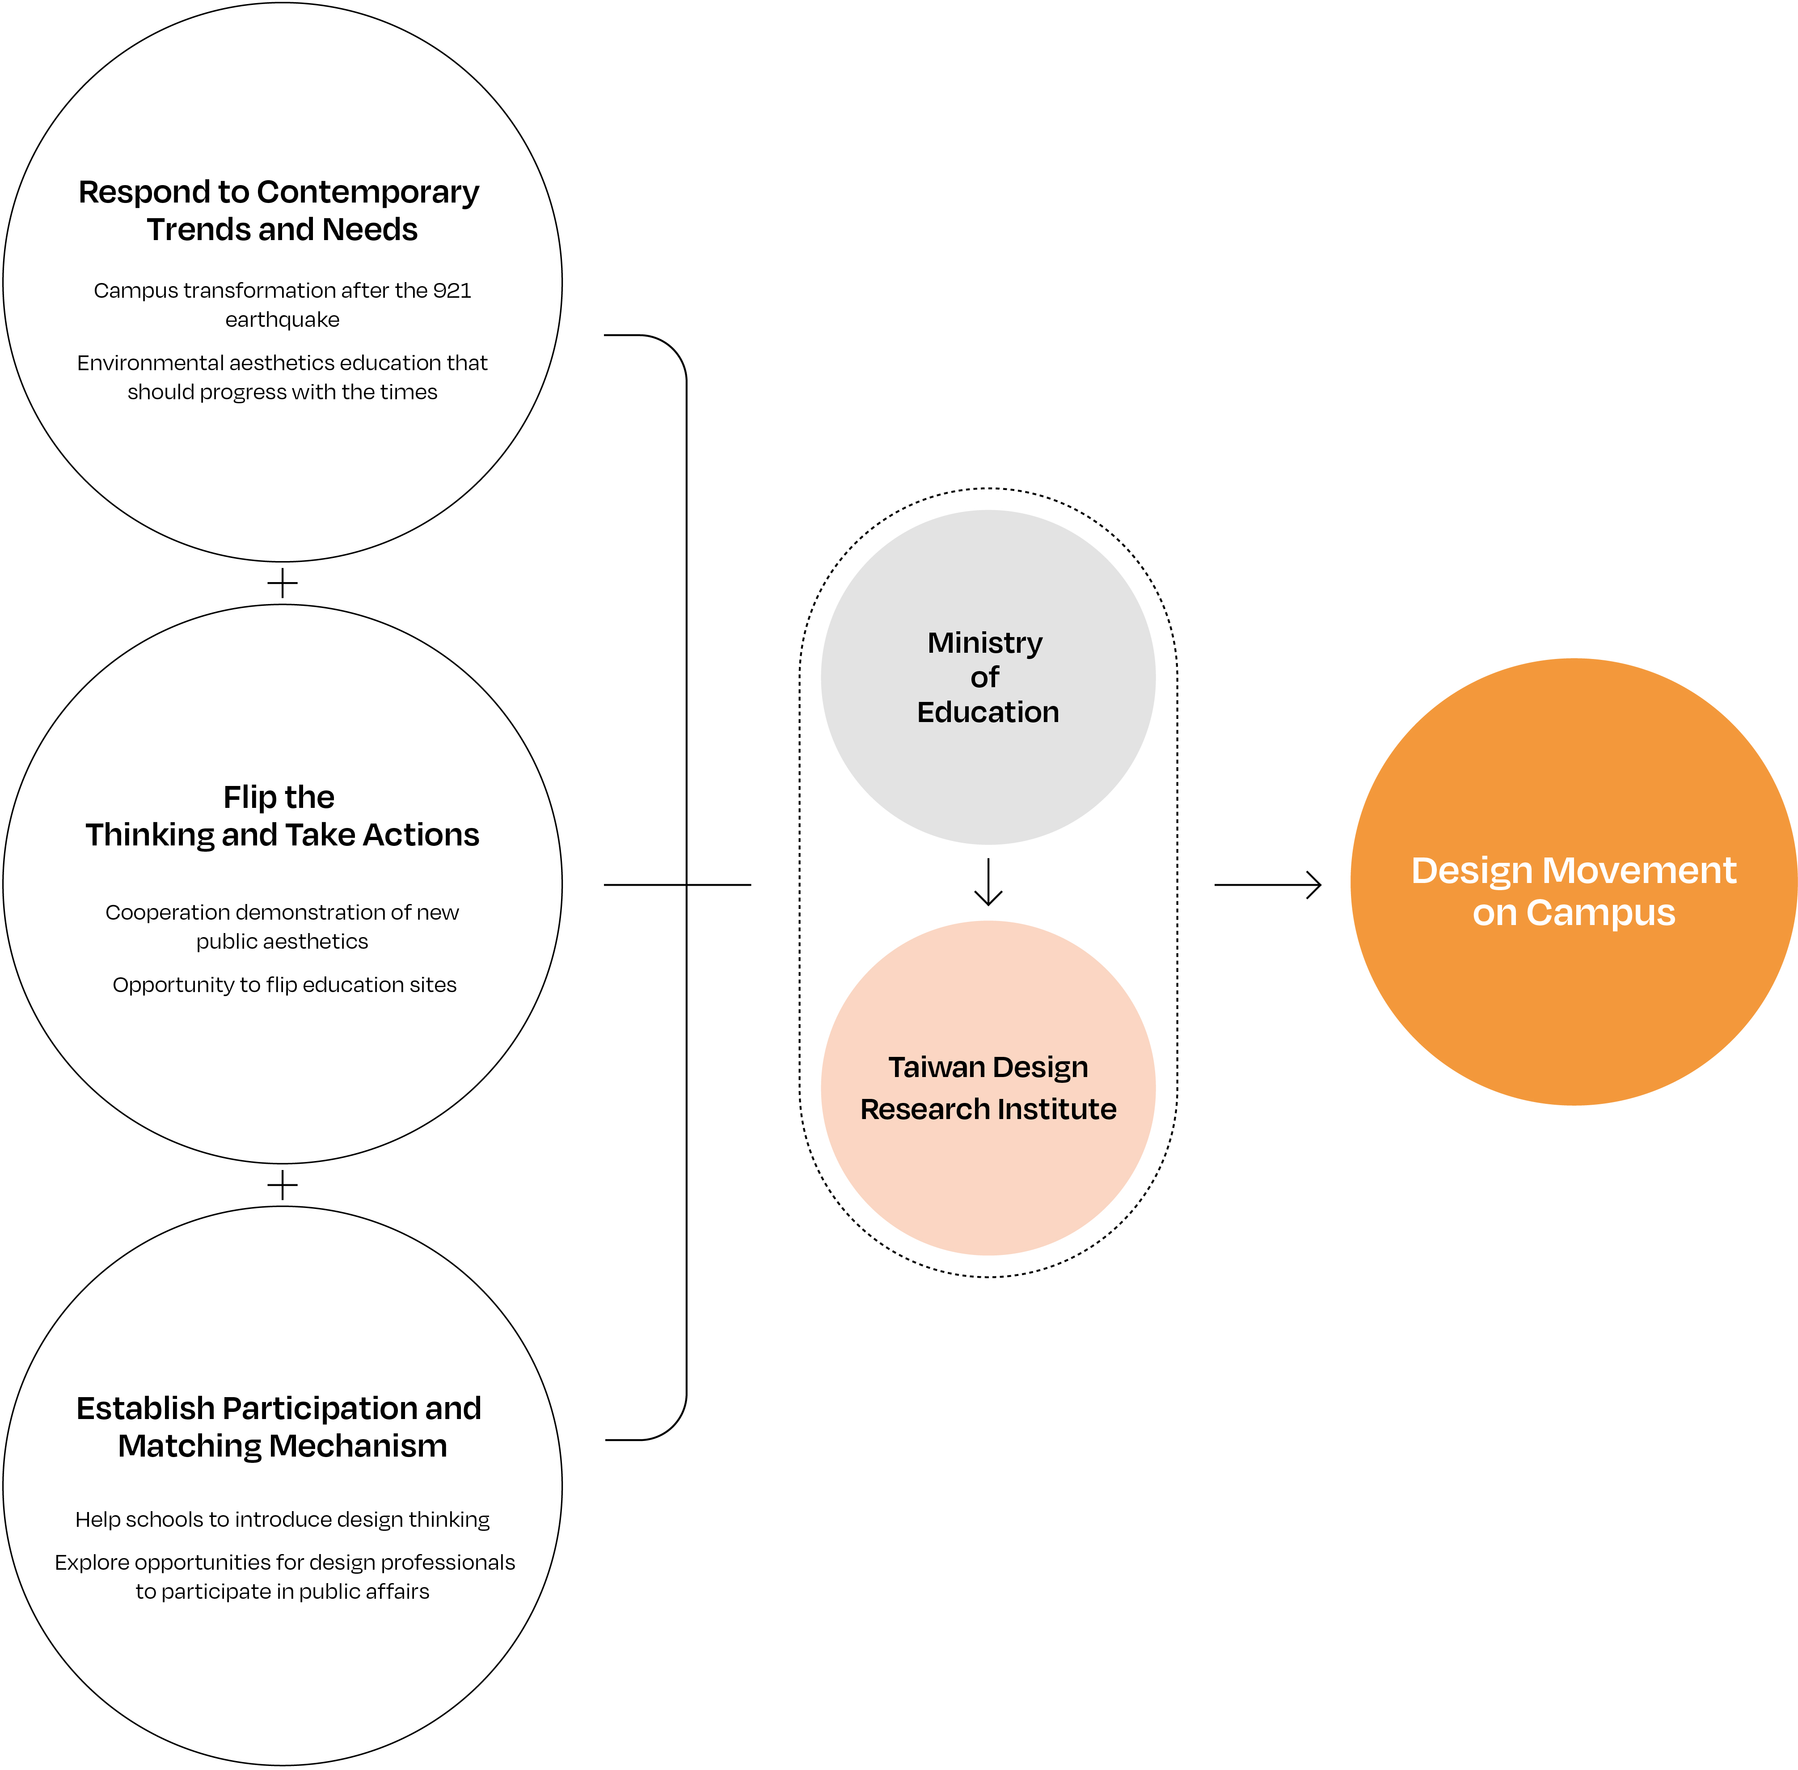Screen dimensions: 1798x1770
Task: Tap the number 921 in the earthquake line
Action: [x=452, y=291]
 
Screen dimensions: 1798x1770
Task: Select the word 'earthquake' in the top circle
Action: [x=283, y=320]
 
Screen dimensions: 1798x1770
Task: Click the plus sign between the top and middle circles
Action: [x=283, y=584]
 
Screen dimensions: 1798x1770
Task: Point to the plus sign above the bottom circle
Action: [x=283, y=1185]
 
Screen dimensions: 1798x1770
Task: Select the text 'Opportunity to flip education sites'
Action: [x=284, y=985]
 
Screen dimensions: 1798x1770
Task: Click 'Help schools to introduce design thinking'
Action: [x=283, y=1519]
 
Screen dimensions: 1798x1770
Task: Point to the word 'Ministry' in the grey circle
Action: [x=985, y=643]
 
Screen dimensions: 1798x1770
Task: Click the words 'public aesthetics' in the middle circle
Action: [x=283, y=942]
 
